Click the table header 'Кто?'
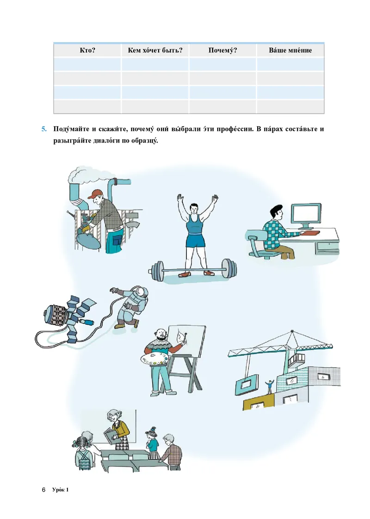87,50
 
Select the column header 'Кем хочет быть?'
155,50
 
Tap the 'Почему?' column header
223,50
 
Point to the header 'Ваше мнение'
290,50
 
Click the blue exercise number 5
44,129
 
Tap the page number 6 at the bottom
43,489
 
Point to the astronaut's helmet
142,293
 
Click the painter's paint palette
155,359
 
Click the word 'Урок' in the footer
58,489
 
